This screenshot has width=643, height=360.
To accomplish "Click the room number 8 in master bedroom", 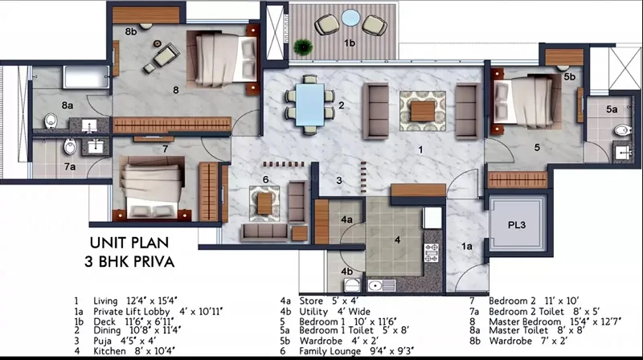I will (175, 90).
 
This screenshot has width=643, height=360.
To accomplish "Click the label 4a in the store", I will (348, 219).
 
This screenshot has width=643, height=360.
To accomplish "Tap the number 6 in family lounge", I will (264, 179).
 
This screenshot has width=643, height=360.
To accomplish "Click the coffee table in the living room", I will (421, 110).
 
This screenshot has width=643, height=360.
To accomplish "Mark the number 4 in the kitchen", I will (397, 239).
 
